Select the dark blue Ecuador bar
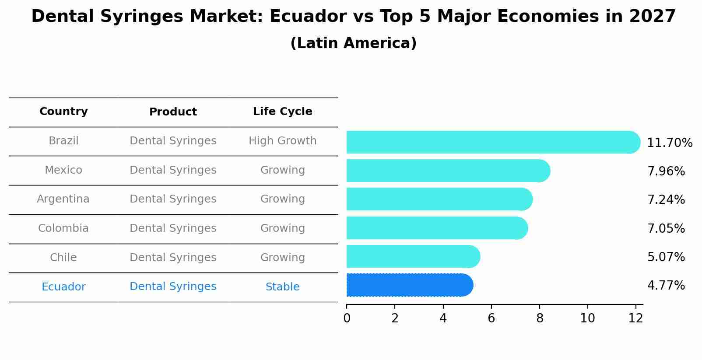click(409, 285)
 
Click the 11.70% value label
click(669, 143)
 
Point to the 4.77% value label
click(666, 286)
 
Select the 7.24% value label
click(666, 200)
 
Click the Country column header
click(63, 112)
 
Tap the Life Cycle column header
click(282, 112)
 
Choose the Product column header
click(173, 112)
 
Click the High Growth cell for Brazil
click(282, 141)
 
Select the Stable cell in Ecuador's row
click(282, 287)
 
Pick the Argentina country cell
click(63, 199)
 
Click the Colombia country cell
click(63, 228)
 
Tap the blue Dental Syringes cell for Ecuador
click(173, 287)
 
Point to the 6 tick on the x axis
click(491, 318)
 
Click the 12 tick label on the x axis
click(635, 318)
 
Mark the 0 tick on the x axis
click(347, 318)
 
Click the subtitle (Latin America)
click(353, 43)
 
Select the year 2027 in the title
click(652, 17)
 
